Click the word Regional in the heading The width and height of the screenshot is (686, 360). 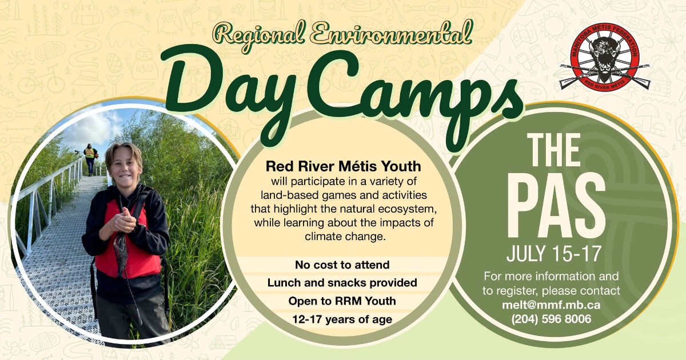tap(259, 36)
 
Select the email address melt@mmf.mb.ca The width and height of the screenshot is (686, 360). tap(551, 305)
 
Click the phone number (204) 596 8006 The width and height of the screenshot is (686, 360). tap(551, 319)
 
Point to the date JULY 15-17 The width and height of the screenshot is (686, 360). tap(554, 254)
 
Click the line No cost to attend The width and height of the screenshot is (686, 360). tap(342, 265)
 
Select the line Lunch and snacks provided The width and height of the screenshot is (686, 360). tap(342, 282)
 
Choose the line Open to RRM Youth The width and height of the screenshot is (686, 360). tap(342, 301)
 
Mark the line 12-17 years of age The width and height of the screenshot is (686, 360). tap(342, 319)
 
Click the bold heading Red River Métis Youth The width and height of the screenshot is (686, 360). tap(344, 166)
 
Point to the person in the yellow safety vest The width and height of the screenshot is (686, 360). tap(90, 159)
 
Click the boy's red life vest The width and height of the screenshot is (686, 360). tap(129, 242)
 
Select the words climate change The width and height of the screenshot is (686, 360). tap(345, 237)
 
